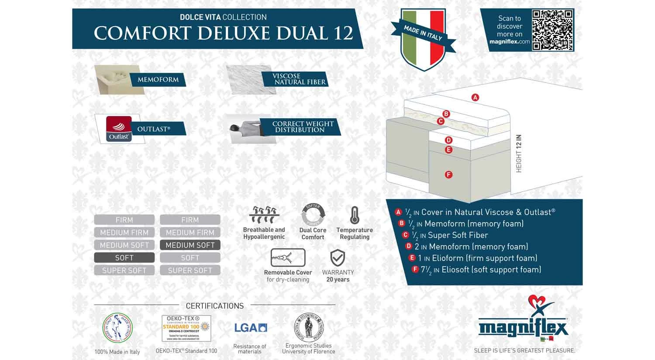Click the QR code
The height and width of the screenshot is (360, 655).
tap(552, 30)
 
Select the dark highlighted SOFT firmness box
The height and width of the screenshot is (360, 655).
tap(124, 258)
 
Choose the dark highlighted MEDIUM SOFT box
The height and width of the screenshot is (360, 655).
tap(190, 245)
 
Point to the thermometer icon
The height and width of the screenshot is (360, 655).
tap(355, 215)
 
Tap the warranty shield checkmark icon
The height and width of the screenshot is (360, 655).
tap(338, 258)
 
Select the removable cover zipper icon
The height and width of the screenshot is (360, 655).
tap(288, 258)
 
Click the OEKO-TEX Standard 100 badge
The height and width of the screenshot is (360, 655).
tap(186, 328)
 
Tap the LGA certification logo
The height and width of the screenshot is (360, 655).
tap(250, 328)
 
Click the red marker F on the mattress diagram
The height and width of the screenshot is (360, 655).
tap(448, 175)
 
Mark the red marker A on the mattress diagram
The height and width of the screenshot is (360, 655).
tap(475, 97)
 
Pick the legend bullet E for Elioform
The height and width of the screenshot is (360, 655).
tap(411, 258)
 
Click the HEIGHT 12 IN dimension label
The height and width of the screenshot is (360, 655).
tap(519, 153)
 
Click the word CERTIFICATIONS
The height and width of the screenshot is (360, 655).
tap(215, 306)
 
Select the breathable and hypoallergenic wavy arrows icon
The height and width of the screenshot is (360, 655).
tap(264, 215)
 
